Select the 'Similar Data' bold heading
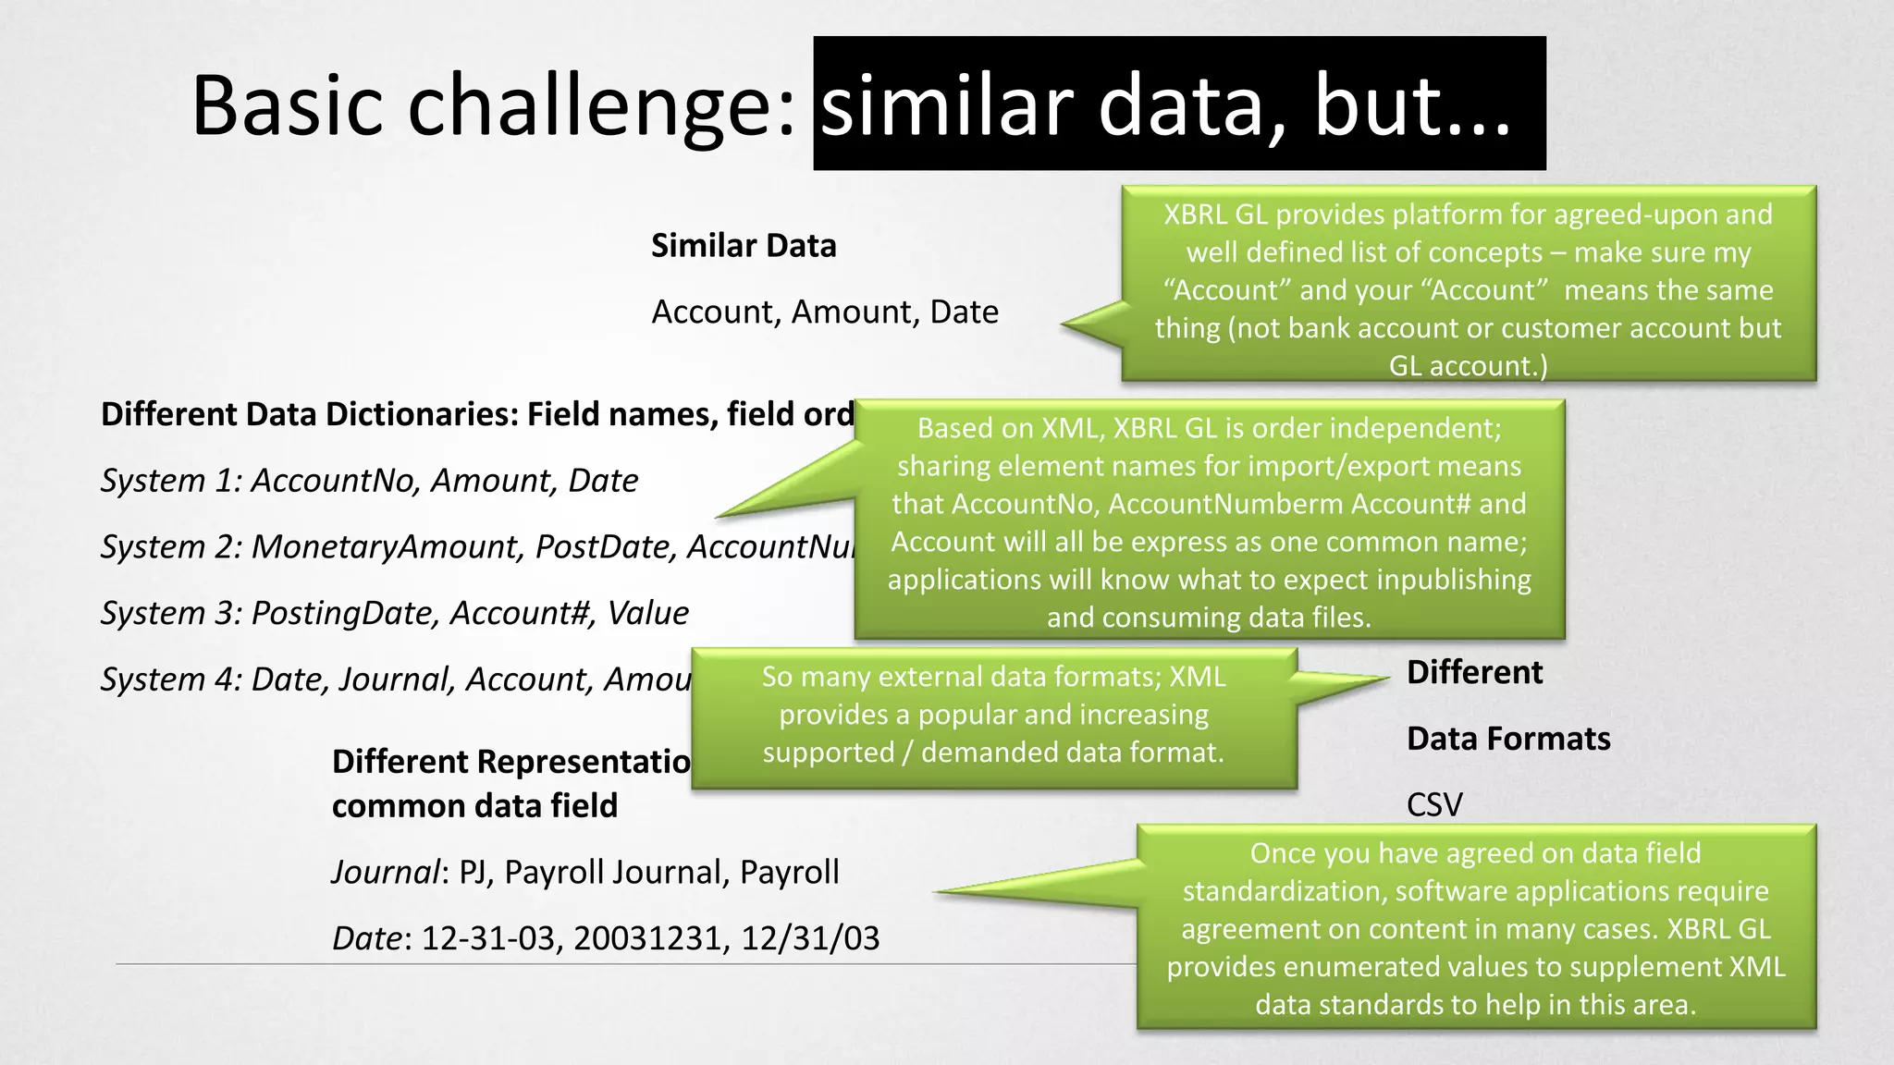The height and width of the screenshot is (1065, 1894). (x=744, y=246)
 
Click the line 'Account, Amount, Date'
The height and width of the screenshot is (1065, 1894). (x=825, y=312)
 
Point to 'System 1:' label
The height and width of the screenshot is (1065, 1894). (x=171, y=481)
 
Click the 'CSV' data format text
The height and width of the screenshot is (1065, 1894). (x=1434, y=805)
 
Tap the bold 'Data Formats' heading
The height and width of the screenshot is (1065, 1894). (x=1508, y=739)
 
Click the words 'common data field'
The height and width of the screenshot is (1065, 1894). (x=474, y=806)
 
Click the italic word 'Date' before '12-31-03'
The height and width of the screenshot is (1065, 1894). (x=367, y=938)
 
